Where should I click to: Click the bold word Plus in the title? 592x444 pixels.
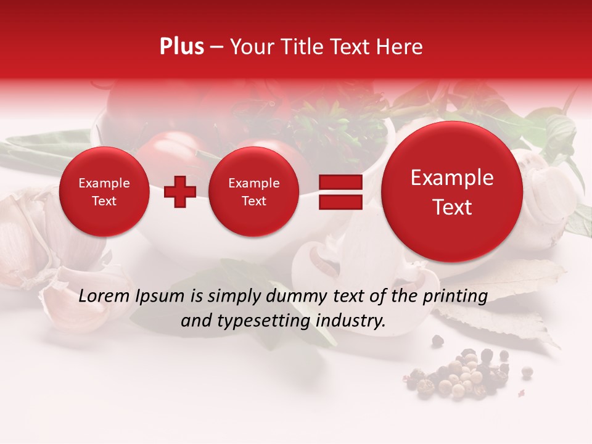[181, 47]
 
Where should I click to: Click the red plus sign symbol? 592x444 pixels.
[180, 192]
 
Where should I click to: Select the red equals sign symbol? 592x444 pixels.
[340, 192]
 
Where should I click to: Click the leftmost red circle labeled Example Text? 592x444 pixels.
[104, 192]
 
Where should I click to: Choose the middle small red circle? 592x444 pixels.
[253, 192]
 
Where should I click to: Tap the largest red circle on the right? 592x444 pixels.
[452, 192]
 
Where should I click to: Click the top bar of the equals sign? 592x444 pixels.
[340, 182]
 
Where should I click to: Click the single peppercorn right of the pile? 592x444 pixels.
[527, 371]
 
